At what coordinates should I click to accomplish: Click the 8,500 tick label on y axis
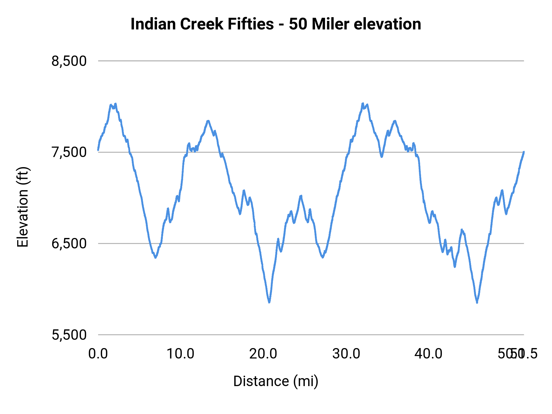pyautogui.click(x=69, y=61)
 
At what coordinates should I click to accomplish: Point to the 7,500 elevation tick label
pyautogui.click(x=69, y=152)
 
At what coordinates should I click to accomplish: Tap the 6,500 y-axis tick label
pyautogui.click(x=69, y=243)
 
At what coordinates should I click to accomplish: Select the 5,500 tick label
pyautogui.click(x=69, y=335)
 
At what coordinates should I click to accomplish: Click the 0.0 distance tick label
pyautogui.click(x=98, y=354)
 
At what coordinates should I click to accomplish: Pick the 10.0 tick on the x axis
pyautogui.click(x=180, y=354)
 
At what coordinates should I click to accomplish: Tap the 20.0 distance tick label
pyautogui.click(x=263, y=354)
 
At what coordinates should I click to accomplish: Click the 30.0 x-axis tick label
pyautogui.click(x=346, y=354)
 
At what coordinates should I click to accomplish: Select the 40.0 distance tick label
pyautogui.click(x=428, y=354)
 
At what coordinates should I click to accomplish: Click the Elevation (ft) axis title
pyautogui.click(x=23, y=207)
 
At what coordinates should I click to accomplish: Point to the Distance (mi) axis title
pyautogui.click(x=276, y=381)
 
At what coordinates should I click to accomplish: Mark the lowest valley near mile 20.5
pyautogui.click(x=269, y=302)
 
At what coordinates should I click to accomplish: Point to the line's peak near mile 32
pyautogui.click(x=363, y=104)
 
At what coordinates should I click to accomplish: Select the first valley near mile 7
pyautogui.click(x=155, y=258)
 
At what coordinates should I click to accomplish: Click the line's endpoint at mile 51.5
pyautogui.click(x=524, y=152)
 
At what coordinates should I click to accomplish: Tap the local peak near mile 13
pyautogui.click(x=208, y=121)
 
